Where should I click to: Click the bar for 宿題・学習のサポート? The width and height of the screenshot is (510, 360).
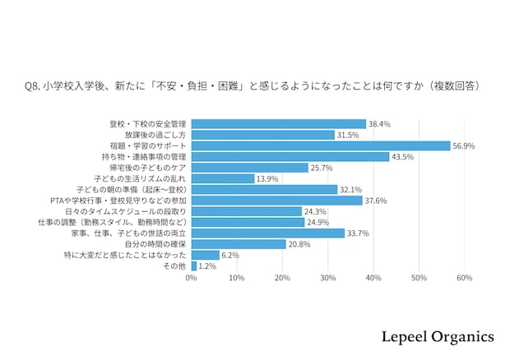[321, 145]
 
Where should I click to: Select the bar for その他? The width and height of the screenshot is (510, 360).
[194, 266]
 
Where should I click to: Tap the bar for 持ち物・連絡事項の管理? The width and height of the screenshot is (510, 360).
[290, 156]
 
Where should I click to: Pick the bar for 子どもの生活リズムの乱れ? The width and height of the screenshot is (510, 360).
[223, 178]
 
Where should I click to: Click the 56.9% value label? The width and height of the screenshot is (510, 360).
[463, 145]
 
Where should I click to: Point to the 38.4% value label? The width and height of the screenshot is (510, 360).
[379, 123]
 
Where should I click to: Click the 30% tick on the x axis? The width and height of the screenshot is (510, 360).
[327, 279]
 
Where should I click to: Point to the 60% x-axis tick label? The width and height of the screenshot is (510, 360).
[463, 279]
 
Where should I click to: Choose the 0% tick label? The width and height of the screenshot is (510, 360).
[192, 279]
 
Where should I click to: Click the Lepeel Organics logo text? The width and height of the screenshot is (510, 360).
[438, 337]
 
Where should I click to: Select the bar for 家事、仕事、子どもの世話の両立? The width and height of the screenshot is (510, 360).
[268, 233]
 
